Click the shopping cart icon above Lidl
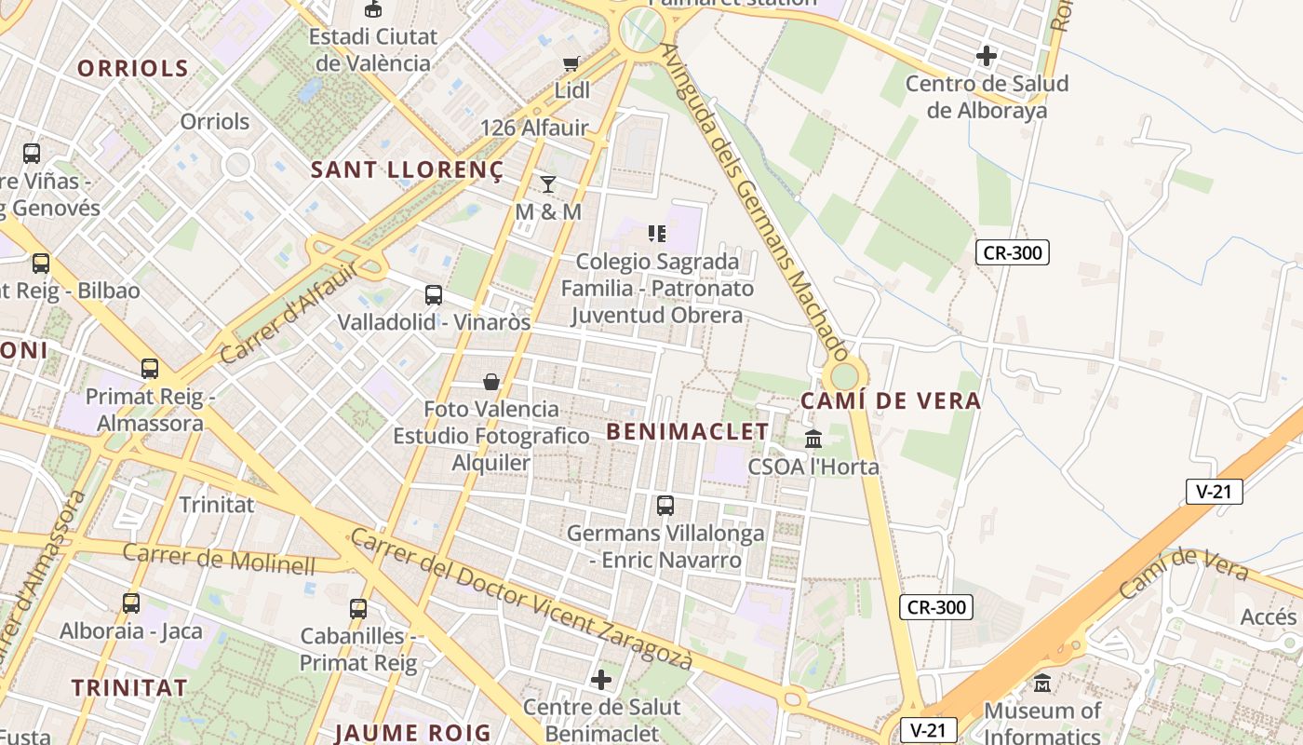(571, 63)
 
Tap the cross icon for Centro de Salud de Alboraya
(987, 56)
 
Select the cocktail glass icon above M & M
(548, 183)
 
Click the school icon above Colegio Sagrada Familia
(657, 233)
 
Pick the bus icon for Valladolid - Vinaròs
(434, 295)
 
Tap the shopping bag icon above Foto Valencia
(491, 382)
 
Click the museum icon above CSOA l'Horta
(813, 439)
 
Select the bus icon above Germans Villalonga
(665, 506)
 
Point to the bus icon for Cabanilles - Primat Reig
(358, 609)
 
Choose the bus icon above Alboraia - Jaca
(131, 603)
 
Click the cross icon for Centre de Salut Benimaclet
(601, 680)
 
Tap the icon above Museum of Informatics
(1042, 684)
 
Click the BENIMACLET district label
(688, 432)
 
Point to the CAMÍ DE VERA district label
(891, 401)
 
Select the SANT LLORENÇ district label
(407, 170)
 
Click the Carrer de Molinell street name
(220, 558)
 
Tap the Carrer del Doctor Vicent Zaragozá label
(522, 600)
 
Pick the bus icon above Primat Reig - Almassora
(150, 369)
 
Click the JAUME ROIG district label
(413, 732)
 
